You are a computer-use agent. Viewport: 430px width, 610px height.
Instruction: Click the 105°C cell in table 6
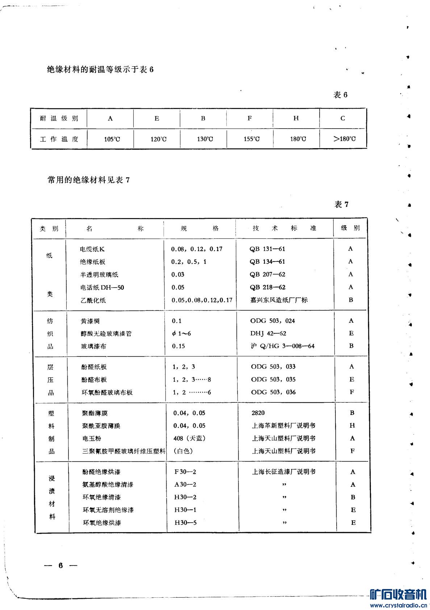pos(110,139)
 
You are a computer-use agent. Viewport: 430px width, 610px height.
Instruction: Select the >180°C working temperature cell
pos(344,139)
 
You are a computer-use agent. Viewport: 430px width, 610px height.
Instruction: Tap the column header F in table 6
pos(250,118)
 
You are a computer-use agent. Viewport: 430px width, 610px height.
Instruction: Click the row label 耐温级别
pos(59,118)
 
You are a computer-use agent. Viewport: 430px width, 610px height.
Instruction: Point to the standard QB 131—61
pos(267,249)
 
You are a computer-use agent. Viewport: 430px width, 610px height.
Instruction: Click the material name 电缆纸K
pos(92,249)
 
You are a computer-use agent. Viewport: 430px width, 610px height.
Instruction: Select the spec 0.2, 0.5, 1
pos(189,262)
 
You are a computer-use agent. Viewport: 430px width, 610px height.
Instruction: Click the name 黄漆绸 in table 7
pos(90,321)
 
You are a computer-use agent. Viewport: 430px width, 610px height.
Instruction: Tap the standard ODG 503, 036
pos(273,392)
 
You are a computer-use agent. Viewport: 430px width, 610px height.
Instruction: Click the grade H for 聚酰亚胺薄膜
pos(352,426)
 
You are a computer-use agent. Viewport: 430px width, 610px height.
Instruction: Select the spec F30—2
pos(185,472)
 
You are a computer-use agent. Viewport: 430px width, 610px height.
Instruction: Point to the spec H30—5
pos(185,523)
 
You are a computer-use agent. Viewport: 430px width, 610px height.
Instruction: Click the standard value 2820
pos(258,413)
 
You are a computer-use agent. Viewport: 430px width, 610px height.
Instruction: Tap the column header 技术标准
pos(284,228)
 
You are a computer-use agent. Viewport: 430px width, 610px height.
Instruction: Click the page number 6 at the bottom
pos(61,566)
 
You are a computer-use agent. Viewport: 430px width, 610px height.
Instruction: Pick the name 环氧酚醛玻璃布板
pos(107,392)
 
